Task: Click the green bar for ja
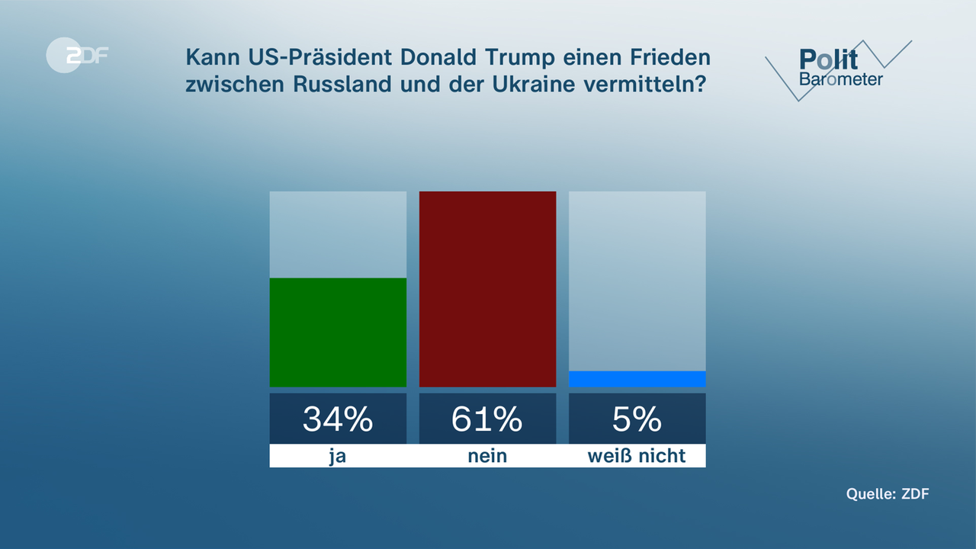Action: [338, 332]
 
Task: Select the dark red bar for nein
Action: [487, 289]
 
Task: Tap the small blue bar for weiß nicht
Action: [637, 379]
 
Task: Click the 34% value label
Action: [338, 419]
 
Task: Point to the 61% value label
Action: [487, 419]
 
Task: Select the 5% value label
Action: [637, 419]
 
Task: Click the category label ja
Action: [338, 456]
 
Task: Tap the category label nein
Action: [487, 456]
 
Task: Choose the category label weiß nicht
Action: [637, 456]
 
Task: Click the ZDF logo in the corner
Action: [77, 55]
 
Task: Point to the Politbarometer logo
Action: [840, 69]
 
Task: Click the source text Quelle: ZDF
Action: [888, 494]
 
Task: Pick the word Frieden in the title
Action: [673, 57]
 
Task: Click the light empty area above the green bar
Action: [338, 234]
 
